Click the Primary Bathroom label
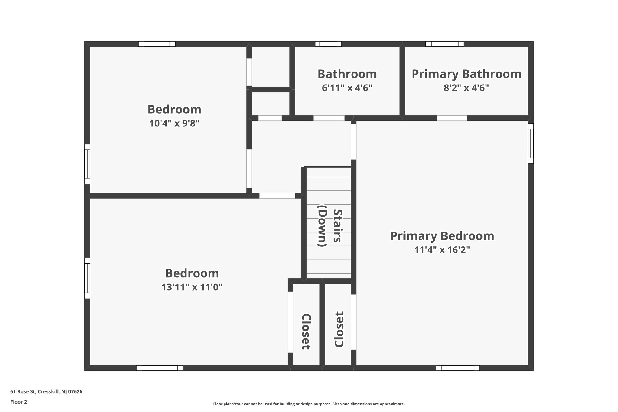pos(466,74)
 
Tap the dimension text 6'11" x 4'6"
pos(347,88)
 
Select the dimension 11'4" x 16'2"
pos(442,250)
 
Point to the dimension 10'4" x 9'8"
pos(174,123)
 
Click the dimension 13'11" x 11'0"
pos(192,287)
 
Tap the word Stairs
pos(337,225)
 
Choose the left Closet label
pos(306,331)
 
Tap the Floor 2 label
pos(19,402)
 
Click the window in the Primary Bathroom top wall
pos(444,44)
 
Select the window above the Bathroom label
pos(328,44)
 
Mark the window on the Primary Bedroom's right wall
pos(530,143)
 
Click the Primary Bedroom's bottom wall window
pos(458,368)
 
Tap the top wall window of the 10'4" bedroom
pos(157,44)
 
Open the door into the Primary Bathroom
pos(452,118)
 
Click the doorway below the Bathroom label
pos(329,118)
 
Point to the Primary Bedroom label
pos(442,236)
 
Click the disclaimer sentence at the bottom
pos(309,404)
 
